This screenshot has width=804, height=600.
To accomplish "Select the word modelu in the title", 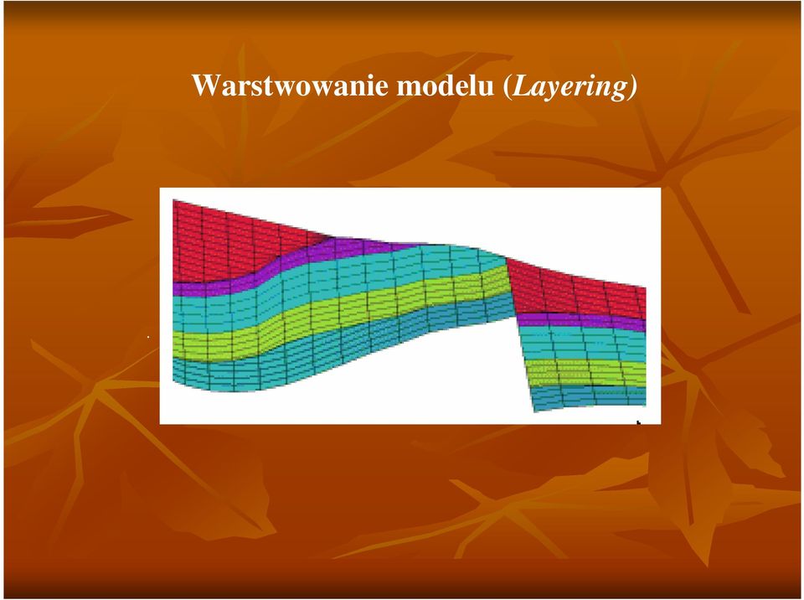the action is [x=445, y=85].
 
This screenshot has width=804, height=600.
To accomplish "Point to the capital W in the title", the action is [x=205, y=85].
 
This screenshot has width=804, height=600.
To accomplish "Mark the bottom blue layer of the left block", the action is [x=307, y=354].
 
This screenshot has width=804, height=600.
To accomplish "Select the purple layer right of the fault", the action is [x=580, y=318].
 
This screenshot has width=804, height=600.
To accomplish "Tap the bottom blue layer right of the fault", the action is [x=587, y=396].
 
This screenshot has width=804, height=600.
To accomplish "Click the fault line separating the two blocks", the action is [x=519, y=334].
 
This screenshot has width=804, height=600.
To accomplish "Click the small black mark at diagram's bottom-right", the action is [x=639, y=422].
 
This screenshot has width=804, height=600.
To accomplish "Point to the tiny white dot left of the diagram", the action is [x=148, y=337].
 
